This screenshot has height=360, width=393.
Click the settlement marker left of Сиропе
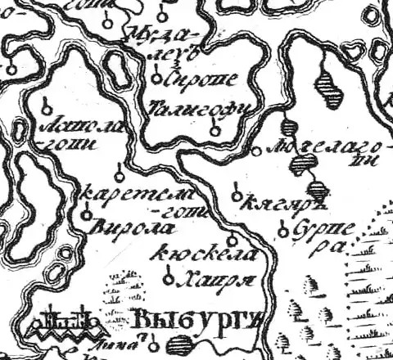[156, 79]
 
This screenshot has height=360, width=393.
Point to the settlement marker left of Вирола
[87, 214]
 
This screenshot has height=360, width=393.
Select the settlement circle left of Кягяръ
[237, 196]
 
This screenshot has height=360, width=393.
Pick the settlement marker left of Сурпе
[283, 232]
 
